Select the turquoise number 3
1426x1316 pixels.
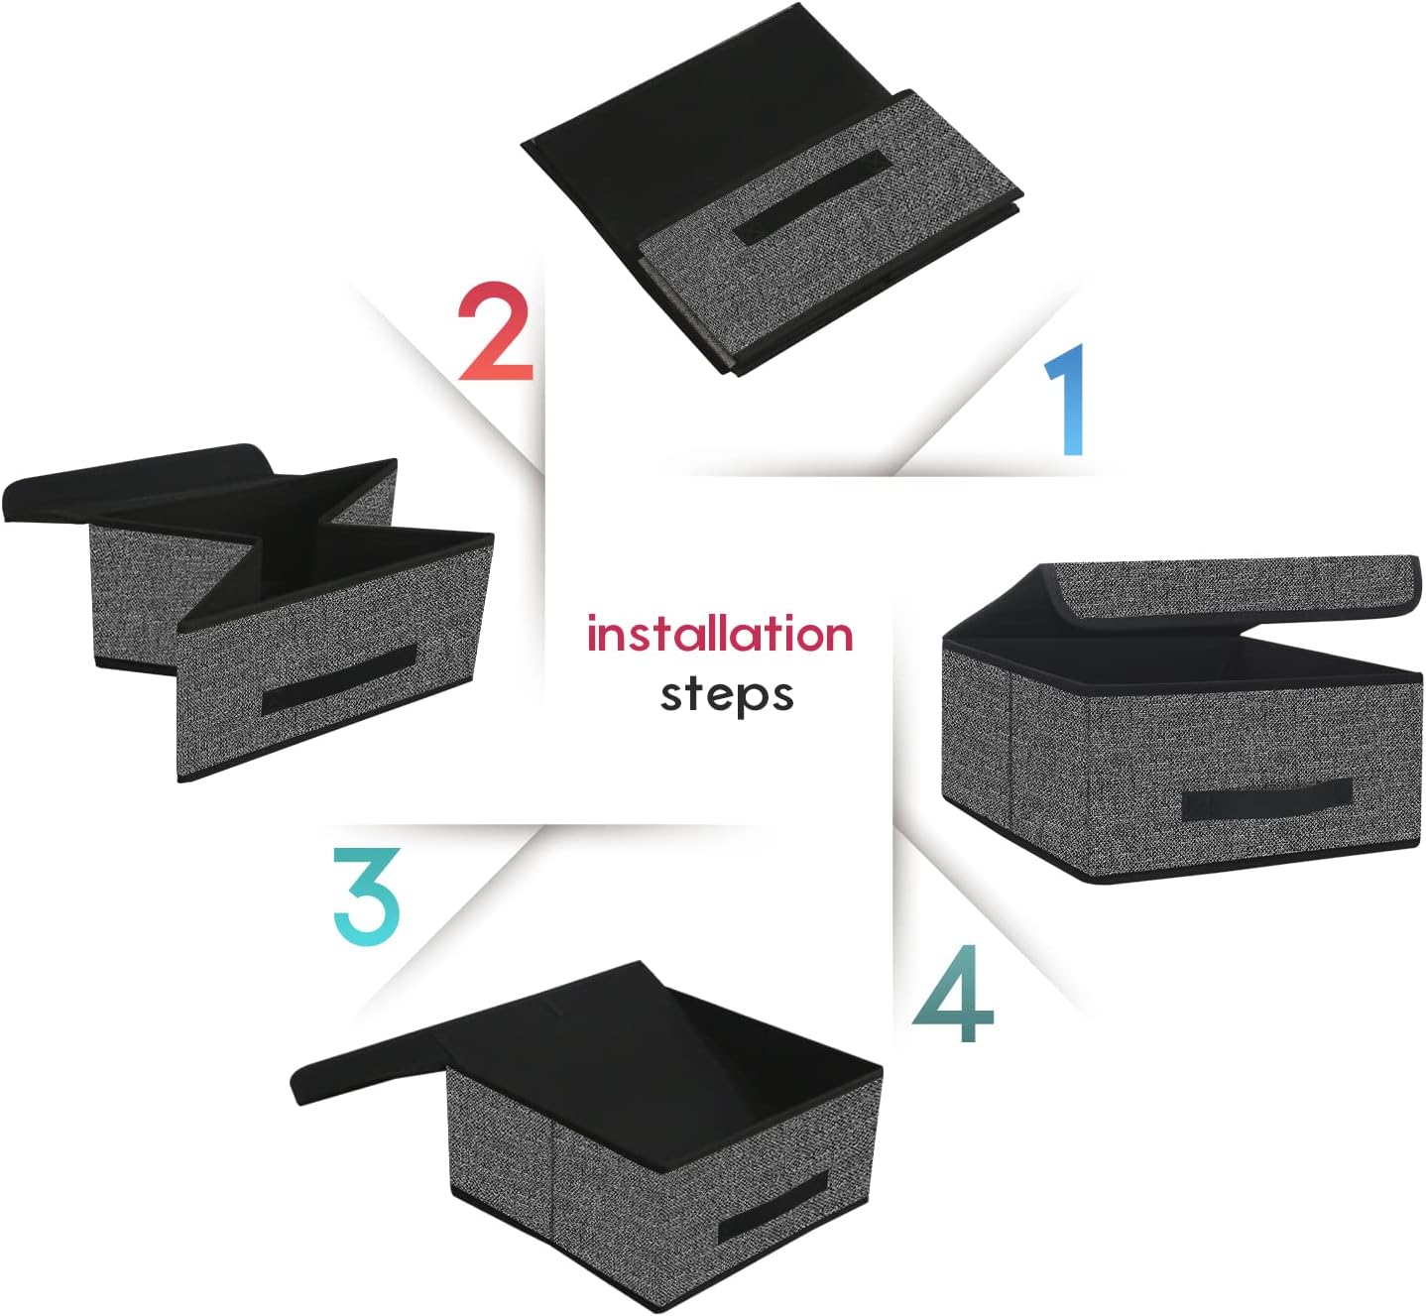367,894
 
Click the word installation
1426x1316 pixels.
720,634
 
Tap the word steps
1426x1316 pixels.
727,694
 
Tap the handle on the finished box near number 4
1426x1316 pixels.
1266,796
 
